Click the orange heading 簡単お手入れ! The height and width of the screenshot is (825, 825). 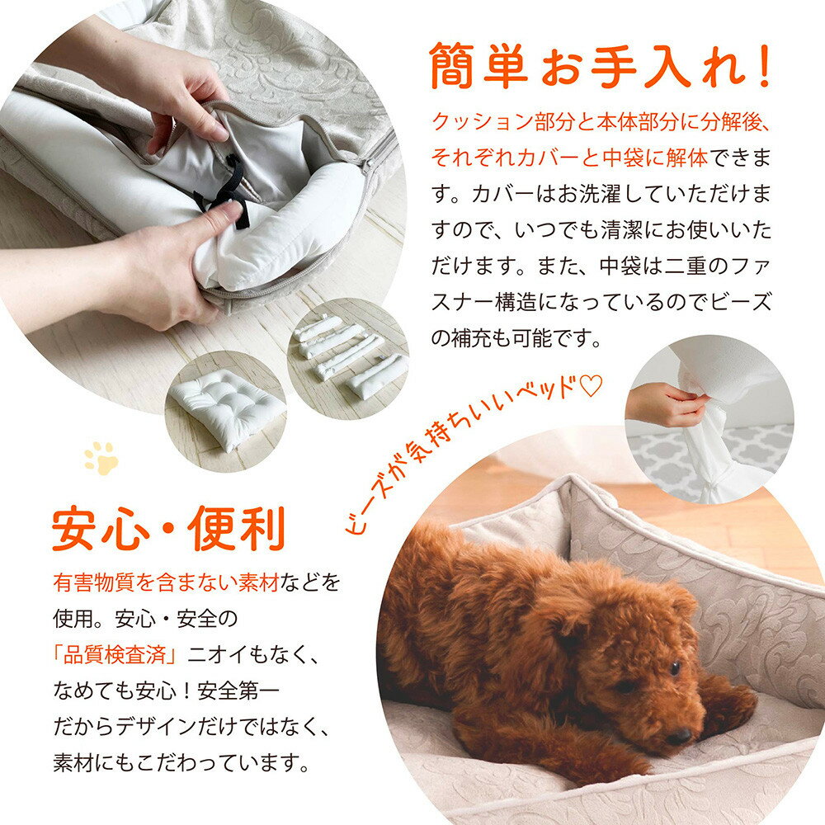click(x=600, y=67)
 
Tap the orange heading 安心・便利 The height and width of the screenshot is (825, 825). click(x=168, y=528)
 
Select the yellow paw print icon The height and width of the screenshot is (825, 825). click(x=101, y=458)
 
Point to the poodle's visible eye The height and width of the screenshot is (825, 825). click(x=675, y=668)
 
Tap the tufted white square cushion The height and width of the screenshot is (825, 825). click(x=226, y=406)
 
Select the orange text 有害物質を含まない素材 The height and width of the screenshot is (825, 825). click(x=166, y=582)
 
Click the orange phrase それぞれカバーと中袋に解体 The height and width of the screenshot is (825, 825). click(x=569, y=158)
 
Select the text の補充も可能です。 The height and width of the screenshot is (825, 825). click(x=516, y=338)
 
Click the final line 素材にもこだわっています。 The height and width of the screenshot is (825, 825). click(x=181, y=762)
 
